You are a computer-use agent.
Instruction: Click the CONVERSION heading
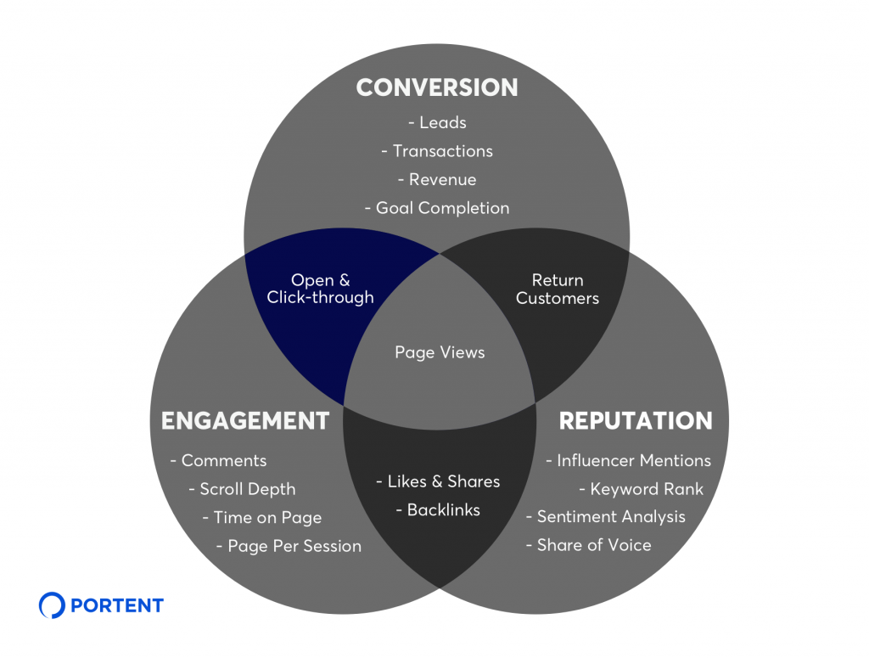tap(436, 87)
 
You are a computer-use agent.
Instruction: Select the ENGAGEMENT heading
tap(244, 420)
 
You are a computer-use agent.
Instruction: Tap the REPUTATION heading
tap(636, 420)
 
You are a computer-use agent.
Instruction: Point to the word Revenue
tap(442, 179)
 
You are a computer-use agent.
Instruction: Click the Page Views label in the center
tap(440, 352)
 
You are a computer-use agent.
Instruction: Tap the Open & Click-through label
tap(320, 289)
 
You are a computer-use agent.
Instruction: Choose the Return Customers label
tap(558, 289)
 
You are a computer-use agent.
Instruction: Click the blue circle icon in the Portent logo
tap(52, 605)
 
